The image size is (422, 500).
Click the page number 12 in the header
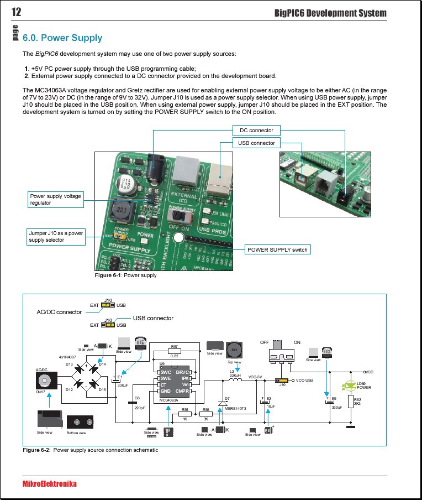[x=16, y=13]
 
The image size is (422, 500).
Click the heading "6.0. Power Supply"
[x=63, y=38]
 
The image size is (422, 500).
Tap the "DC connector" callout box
[x=256, y=131]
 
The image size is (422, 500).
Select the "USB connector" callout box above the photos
[x=256, y=143]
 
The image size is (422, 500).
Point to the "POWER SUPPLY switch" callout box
[x=277, y=249]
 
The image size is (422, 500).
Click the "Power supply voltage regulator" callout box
[x=55, y=199]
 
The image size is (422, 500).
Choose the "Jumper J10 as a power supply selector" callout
[x=56, y=236]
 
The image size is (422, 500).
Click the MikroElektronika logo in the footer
[x=50, y=484]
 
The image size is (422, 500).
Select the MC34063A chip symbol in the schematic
[x=174, y=380]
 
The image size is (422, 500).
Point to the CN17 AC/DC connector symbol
[x=43, y=381]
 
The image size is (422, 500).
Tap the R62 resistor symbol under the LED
[x=350, y=403]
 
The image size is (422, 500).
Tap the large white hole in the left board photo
[x=178, y=239]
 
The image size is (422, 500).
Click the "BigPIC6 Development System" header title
[x=330, y=13]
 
